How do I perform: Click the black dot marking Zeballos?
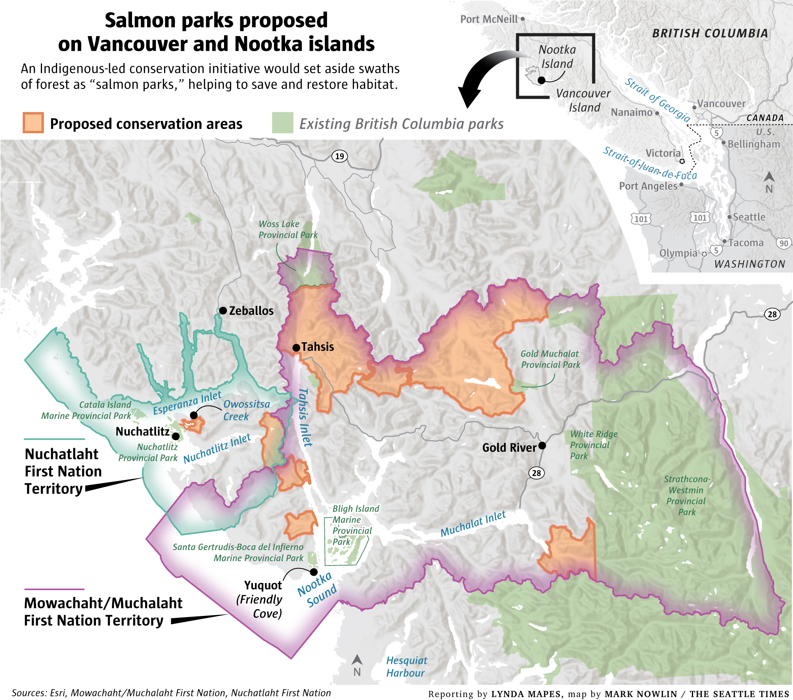pos(223,310)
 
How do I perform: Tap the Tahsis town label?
pos(318,347)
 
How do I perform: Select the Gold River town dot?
pos(542,445)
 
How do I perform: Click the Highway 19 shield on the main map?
pos(339,156)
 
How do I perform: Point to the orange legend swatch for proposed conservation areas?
pos(33,123)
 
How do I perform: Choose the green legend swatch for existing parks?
pos(282,123)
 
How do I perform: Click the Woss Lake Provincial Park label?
pos(287,229)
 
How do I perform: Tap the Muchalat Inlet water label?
pos(473,524)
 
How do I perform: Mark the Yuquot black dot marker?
pos(314,572)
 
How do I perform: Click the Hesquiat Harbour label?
pos(406,667)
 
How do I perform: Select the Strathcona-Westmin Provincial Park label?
pos(686,495)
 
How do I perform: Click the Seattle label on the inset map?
pos(749,217)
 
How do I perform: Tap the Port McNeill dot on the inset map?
pos(523,19)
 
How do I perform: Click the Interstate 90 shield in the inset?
pos(783,243)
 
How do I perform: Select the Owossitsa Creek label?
pos(247,410)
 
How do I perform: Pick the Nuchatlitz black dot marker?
pos(176,436)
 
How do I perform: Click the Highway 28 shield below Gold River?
pos(536,473)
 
